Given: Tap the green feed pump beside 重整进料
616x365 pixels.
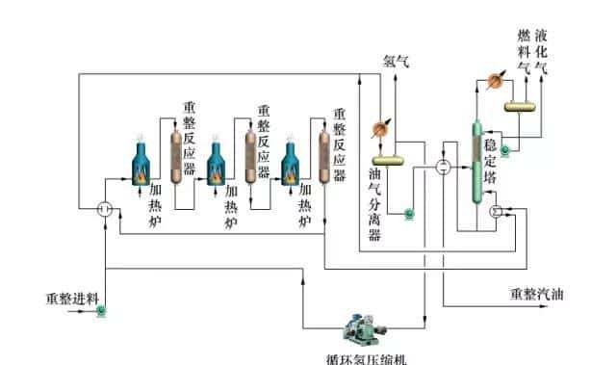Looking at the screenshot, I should pyautogui.click(x=103, y=311).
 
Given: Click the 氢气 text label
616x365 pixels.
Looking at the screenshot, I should pyautogui.click(x=397, y=61).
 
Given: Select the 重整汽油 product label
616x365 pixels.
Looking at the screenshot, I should pyautogui.click(x=536, y=294).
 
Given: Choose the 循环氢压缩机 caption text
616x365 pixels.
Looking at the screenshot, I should pyautogui.click(x=368, y=358).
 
